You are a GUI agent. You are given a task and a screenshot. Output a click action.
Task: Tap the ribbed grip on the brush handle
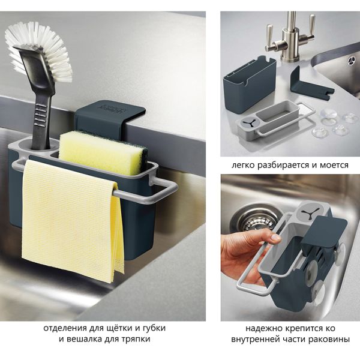click(x=41, y=114)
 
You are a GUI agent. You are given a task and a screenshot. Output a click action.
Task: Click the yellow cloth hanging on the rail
click(x=71, y=220)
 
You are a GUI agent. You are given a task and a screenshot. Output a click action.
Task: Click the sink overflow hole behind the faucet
click(x=350, y=60)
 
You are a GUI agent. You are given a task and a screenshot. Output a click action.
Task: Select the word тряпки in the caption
click(x=135, y=340)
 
